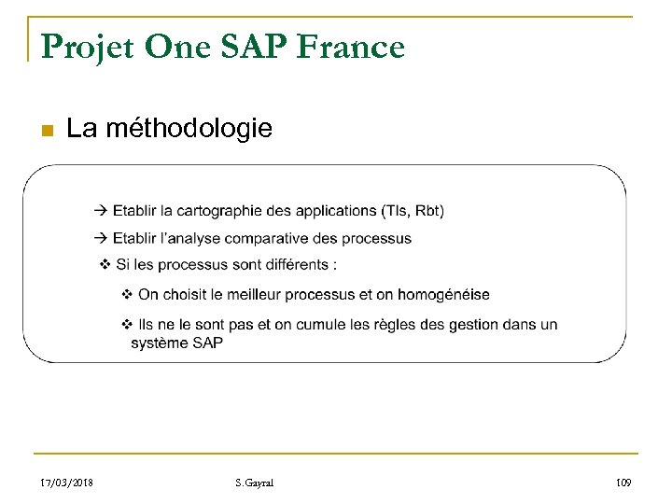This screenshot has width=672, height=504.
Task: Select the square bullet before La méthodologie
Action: click(46, 129)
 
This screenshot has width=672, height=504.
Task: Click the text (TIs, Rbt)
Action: click(413, 210)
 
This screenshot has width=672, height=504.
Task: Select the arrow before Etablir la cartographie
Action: click(102, 210)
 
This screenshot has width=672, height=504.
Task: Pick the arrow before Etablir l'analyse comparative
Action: click(102, 238)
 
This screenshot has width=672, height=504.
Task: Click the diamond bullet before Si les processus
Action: click(106, 265)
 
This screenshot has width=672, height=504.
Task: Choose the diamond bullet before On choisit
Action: click(129, 295)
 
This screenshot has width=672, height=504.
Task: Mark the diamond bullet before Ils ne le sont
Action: click(129, 324)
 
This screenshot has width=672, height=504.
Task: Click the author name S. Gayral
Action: click(255, 483)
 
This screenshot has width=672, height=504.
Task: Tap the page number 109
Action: click(624, 483)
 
